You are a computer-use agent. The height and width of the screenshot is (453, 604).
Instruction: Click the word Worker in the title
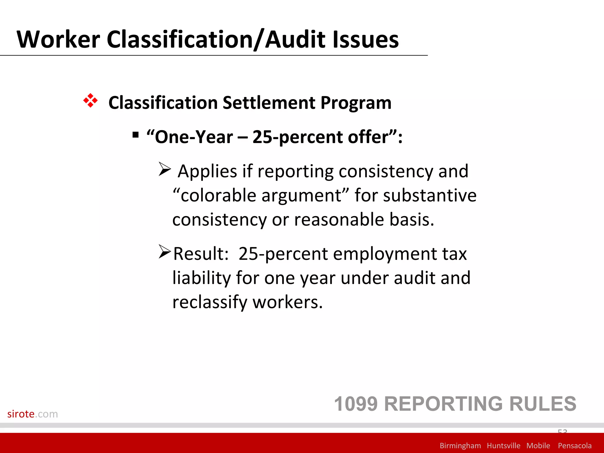tap(58, 39)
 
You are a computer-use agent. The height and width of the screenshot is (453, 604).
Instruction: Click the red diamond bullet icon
tap(90, 101)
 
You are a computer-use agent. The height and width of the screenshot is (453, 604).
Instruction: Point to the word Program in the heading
tap(356, 103)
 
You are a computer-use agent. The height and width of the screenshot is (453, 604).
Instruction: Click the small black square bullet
tap(136, 135)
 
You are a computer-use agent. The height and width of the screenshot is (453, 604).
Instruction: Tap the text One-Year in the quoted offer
tap(194, 137)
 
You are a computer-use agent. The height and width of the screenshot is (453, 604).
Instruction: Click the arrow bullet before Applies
tap(165, 169)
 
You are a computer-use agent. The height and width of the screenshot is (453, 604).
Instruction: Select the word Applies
tap(207, 172)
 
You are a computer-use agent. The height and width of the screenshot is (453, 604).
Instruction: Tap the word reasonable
tap(339, 219)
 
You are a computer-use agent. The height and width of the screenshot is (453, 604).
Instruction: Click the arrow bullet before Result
tap(165, 252)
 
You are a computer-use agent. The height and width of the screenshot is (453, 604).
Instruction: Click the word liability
tap(201, 278)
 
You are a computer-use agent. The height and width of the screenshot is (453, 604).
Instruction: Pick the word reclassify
tap(210, 302)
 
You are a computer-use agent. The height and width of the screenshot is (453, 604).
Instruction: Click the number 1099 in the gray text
tap(356, 404)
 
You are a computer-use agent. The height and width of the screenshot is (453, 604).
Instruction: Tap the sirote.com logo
tap(32, 414)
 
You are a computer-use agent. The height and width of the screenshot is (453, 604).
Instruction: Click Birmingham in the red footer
tap(460, 446)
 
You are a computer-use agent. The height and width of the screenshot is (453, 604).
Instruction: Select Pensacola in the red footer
tap(575, 446)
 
